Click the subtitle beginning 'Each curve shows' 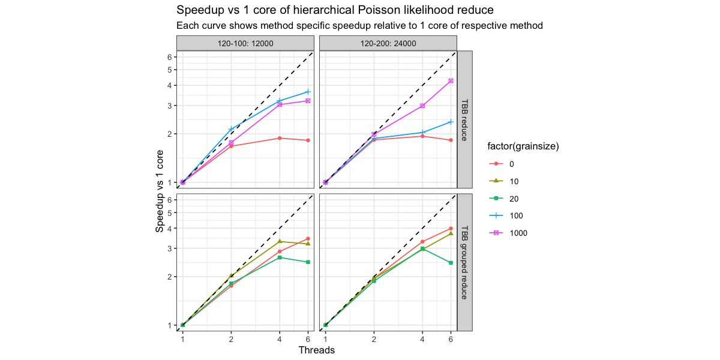click(359, 26)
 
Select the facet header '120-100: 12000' click(245, 43)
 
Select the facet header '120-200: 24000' click(388, 43)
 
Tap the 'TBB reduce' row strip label click(464, 119)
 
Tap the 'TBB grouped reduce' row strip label click(464, 262)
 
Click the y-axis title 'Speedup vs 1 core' click(160, 191)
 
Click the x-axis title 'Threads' click(316, 350)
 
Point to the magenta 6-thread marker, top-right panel click(451, 81)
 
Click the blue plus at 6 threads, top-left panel click(308, 92)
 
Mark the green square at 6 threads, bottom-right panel click(451, 263)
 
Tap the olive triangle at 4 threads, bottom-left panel click(280, 241)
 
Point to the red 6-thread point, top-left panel click(308, 140)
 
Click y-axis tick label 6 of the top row click(170, 57)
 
